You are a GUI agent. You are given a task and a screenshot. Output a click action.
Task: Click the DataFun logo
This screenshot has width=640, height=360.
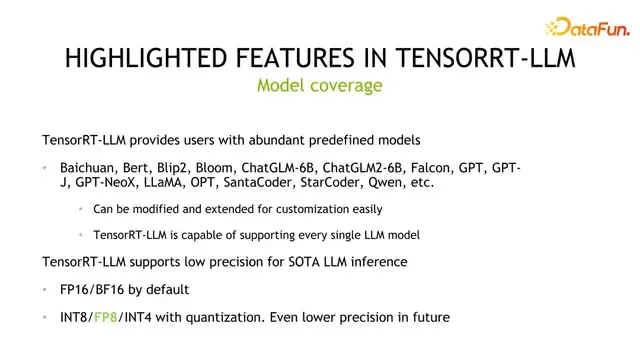point(585,28)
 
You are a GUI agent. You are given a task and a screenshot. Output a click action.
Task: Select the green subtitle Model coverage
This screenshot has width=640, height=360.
point(320,86)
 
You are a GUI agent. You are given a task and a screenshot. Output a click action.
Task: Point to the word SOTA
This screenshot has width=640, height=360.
point(285,261)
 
